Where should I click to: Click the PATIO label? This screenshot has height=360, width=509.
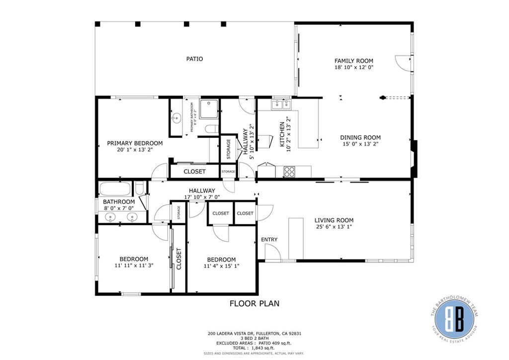click(194, 59)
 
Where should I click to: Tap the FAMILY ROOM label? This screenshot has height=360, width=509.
click(353, 61)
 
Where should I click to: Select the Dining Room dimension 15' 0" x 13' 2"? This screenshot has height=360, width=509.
click(360, 145)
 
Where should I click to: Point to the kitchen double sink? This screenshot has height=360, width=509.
click(281, 104)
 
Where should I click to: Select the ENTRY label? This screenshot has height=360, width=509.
click(269, 240)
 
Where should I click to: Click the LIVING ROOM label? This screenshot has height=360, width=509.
click(334, 220)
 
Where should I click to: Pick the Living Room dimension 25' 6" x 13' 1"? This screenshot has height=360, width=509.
click(334, 227)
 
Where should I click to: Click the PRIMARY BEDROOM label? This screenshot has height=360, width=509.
click(135, 143)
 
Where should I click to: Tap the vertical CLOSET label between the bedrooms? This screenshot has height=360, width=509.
click(179, 259)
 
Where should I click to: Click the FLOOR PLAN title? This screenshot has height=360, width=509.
click(254, 303)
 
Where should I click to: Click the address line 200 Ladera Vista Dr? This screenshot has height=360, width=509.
click(254, 334)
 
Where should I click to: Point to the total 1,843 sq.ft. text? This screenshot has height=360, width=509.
click(254, 348)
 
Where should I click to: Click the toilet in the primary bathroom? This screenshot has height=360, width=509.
click(210, 129)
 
